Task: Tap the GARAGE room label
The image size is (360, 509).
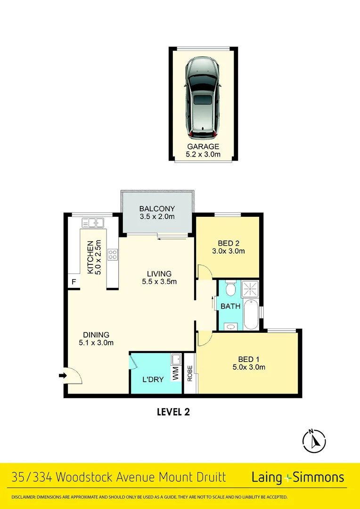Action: coord(203,147)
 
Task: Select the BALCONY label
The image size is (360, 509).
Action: coord(157,209)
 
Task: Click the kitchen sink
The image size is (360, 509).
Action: coord(93,222)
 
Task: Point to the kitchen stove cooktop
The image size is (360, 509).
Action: coord(113,254)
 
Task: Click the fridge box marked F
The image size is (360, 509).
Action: coord(74,281)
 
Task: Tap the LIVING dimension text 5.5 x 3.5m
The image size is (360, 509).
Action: coord(159,282)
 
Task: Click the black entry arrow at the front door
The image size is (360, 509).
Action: coord(62,376)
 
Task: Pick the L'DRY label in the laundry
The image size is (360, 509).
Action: coord(153,379)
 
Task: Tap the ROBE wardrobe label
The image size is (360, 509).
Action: coord(190,373)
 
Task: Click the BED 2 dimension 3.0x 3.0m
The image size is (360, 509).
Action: coord(229,251)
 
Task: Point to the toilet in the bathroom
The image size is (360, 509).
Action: coord(230,288)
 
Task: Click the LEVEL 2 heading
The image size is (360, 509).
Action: coord(173,412)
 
